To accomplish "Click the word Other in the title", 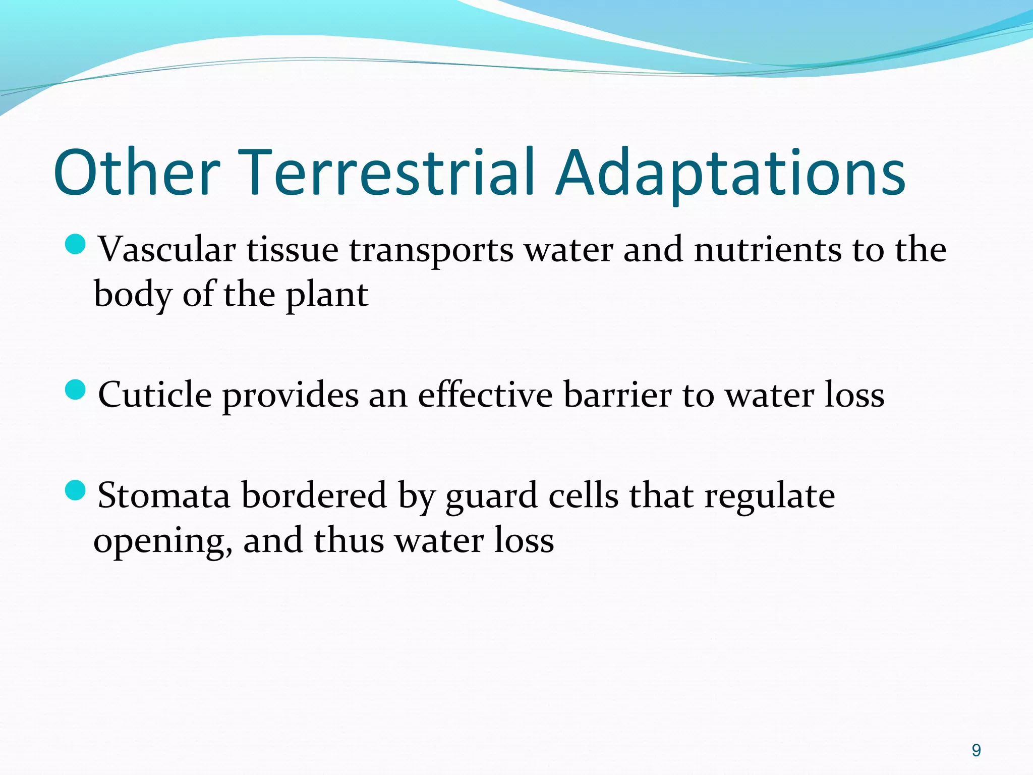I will [x=137, y=173].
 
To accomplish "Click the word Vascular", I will [x=167, y=249].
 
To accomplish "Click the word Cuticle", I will [x=155, y=395].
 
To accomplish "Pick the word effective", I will [x=485, y=395].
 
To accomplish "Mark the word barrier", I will [x=617, y=395].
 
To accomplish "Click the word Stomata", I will [x=163, y=495].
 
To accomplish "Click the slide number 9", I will [x=976, y=750].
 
